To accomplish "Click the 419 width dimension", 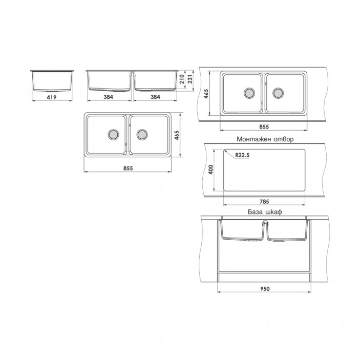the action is [x=52, y=97].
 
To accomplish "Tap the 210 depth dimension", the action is [x=182, y=79].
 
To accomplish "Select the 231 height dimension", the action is [x=190, y=79].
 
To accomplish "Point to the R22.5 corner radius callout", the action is [x=242, y=155].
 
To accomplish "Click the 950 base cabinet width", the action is [x=265, y=289].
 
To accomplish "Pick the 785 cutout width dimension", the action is [x=264, y=202].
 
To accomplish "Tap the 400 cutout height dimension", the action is [x=211, y=170].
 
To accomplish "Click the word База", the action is [x=255, y=211].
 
